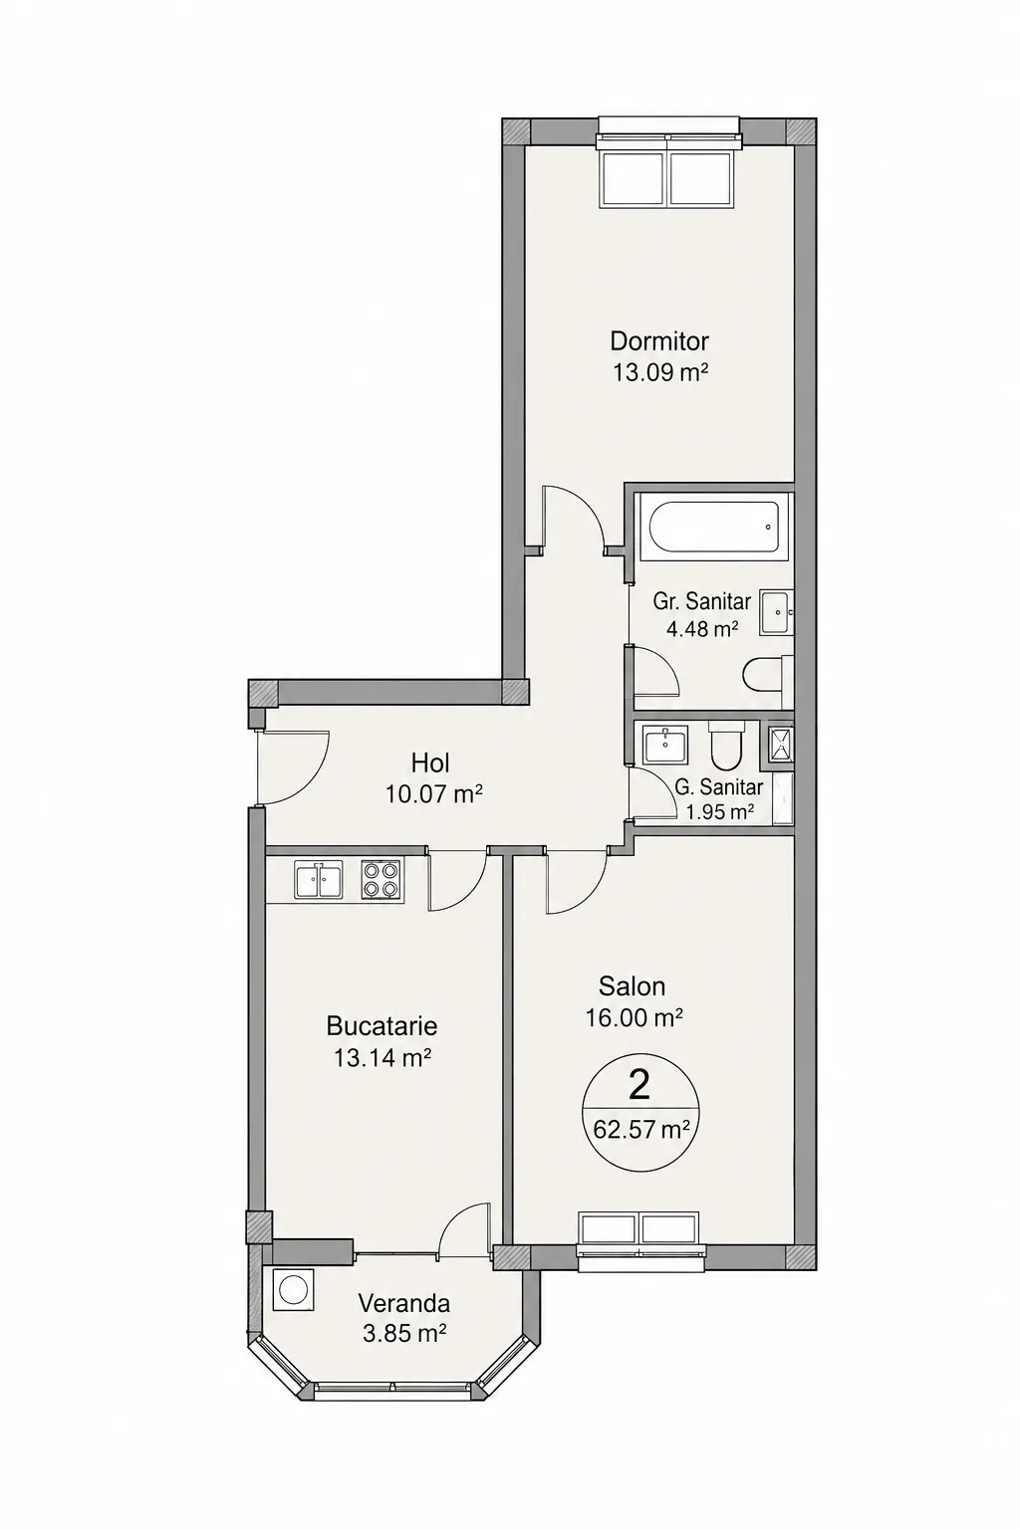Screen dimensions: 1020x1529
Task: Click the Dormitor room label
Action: (659, 339)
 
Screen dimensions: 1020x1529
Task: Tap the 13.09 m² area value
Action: (659, 372)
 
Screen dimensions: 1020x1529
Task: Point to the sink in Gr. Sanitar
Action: (775, 612)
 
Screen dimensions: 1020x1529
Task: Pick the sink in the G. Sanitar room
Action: (664, 744)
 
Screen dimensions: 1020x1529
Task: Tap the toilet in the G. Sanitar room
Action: (725, 745)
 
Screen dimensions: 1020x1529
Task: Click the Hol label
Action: (431, 762)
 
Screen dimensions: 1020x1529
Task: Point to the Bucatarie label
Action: (382, 1025)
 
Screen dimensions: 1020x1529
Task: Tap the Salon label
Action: (632, 985)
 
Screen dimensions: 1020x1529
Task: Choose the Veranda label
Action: (404, 1303)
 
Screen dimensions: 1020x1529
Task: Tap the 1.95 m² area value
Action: (720, 811)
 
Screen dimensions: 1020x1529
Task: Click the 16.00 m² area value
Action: (634, 1017)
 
